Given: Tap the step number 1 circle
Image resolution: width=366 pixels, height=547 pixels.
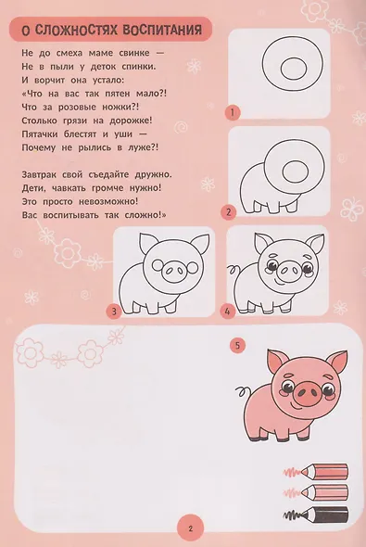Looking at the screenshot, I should pyautogui.click(x=237, y=112).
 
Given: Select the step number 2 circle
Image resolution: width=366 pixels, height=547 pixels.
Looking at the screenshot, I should pyautogui.click(x=228, y=212).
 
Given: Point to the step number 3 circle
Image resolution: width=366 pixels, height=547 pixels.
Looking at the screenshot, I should pyautogui.click(x=113, y=312).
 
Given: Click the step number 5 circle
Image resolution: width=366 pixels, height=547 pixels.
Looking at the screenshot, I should pyautogui.click(x=238, y=345).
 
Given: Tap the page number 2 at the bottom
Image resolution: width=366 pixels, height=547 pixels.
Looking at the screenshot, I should pyautogui.click(x=189, y=529).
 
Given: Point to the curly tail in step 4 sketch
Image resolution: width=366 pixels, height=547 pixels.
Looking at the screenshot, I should pyautogui.click(x=233, y=273).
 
